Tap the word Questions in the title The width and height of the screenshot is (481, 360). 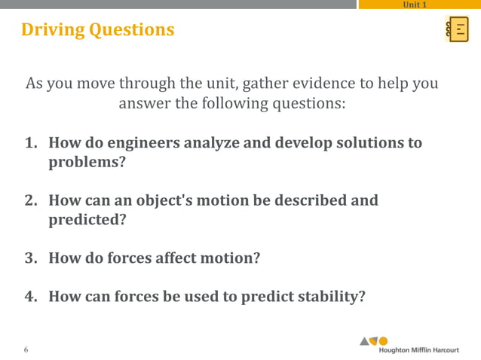point(132,30)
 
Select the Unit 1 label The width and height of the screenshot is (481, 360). point(415,5)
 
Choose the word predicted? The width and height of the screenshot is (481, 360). point(87,221)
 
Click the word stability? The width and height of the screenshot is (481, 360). point(328,297)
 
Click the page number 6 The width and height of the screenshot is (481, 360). point(26,349)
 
